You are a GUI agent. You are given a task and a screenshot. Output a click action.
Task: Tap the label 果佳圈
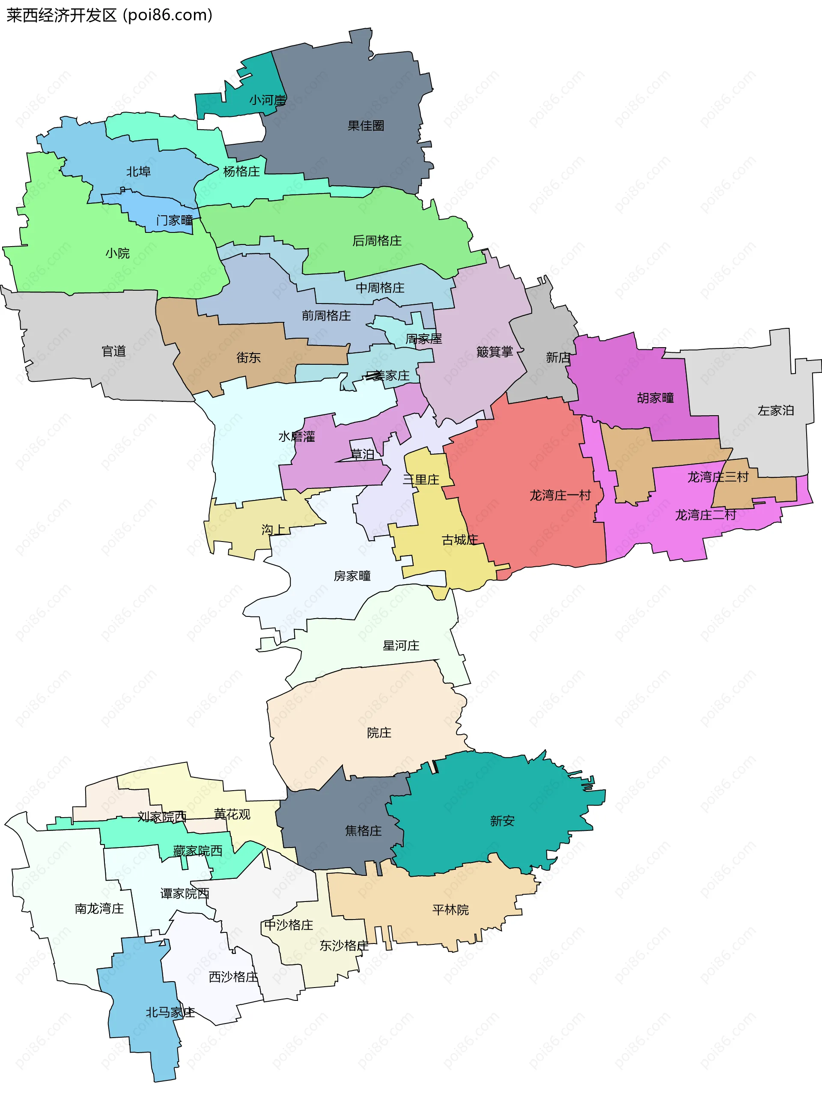(366, 126)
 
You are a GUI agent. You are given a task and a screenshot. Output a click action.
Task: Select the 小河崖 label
(267, 101)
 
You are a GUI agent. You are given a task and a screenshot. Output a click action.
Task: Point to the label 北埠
(138, 172)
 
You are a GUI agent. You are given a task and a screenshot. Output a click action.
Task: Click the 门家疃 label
(174, 220)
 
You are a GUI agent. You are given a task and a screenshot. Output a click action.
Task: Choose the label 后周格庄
(377, 241)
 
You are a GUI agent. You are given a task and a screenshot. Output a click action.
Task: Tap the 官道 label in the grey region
(113, 352)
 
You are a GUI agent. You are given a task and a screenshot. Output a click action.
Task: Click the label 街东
(248, 358)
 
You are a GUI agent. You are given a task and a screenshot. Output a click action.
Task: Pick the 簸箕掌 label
(494, 352)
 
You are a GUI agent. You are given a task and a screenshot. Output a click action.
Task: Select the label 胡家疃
(655, 398)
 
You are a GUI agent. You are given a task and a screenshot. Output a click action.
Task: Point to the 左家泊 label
(775, 411)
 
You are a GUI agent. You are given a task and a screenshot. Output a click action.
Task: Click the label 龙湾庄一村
(560, 496)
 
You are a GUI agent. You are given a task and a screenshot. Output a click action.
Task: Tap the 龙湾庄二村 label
(705, 515)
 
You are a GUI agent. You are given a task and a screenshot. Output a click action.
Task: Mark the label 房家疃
(352, 576)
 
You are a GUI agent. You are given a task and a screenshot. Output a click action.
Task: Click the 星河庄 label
(401, 646)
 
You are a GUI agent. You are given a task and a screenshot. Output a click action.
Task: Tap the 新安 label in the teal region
(502, 821)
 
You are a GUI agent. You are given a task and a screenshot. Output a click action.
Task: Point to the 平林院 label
(450, 910)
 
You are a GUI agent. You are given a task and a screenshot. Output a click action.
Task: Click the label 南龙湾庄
(99, 909)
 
